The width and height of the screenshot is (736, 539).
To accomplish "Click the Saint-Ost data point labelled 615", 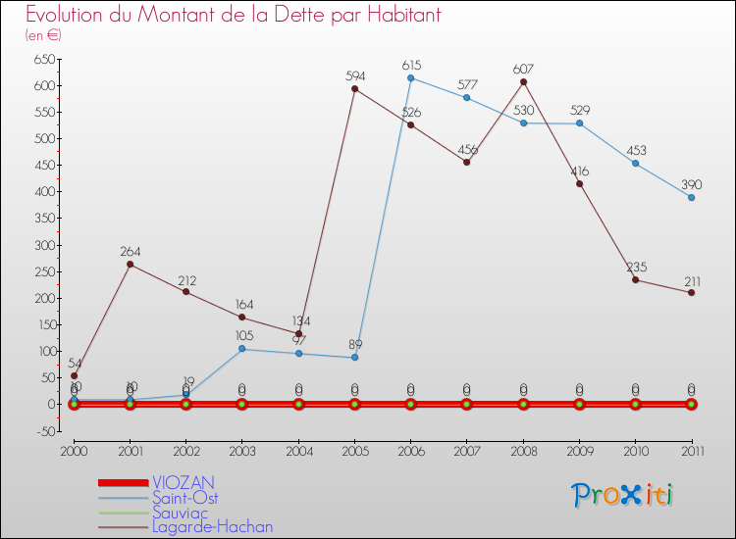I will (410, 78).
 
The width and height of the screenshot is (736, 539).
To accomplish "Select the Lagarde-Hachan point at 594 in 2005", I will (354, 89).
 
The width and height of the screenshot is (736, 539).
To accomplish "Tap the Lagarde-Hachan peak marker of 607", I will (523, 82).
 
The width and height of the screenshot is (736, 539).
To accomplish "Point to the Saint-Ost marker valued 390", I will (692, 198).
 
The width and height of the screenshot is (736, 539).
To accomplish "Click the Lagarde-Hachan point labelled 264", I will (130, 265).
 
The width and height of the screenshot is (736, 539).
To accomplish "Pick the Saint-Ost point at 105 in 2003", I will (242, 349).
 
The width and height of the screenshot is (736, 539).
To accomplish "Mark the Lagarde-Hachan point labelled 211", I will (692, 292).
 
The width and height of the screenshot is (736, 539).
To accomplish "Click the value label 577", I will (467, 85).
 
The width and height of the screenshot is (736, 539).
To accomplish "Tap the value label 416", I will (579, 171).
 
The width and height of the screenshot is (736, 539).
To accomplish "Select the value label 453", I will (636, 151).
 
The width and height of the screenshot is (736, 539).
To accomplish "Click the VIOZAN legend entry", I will (183, 482).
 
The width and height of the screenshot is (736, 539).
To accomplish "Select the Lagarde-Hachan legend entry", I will (212, 526).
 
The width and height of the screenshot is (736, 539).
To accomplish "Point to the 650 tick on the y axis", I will (42, 59).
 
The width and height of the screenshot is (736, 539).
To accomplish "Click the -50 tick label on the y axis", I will (42, 430).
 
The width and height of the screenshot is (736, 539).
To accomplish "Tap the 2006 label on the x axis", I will (410, 451).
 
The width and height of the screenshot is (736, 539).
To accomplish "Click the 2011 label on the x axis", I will (692, 451).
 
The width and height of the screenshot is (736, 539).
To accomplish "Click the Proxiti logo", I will (623, 496).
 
